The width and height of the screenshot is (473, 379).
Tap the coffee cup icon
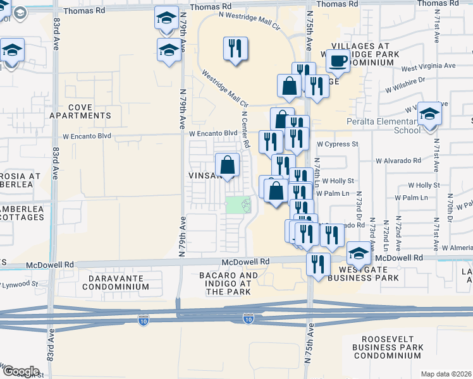(x=337, y=61)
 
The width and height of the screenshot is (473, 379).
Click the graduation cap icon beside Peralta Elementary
(x=429, y=114)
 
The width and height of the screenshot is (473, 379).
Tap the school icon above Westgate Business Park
(x=359, y=253)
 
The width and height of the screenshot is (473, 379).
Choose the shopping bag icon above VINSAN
(x=228, y=165)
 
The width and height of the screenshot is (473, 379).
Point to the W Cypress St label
(x=338, y=144)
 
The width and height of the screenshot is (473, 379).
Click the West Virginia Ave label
(x=428, y=66)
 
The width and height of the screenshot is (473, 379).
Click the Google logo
(x=20, y=371)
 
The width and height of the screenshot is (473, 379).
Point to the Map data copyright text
(x=445, y=374)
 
